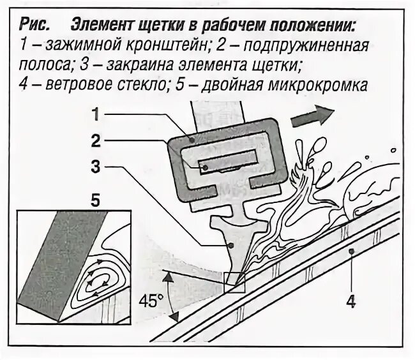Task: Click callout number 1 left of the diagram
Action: [x=94, y=116]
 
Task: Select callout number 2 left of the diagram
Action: [x=94, y=139]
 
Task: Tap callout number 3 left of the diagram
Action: [x=94, y=167]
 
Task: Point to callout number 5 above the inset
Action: [x=94, y=202]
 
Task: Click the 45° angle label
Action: [x=149, y=301]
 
